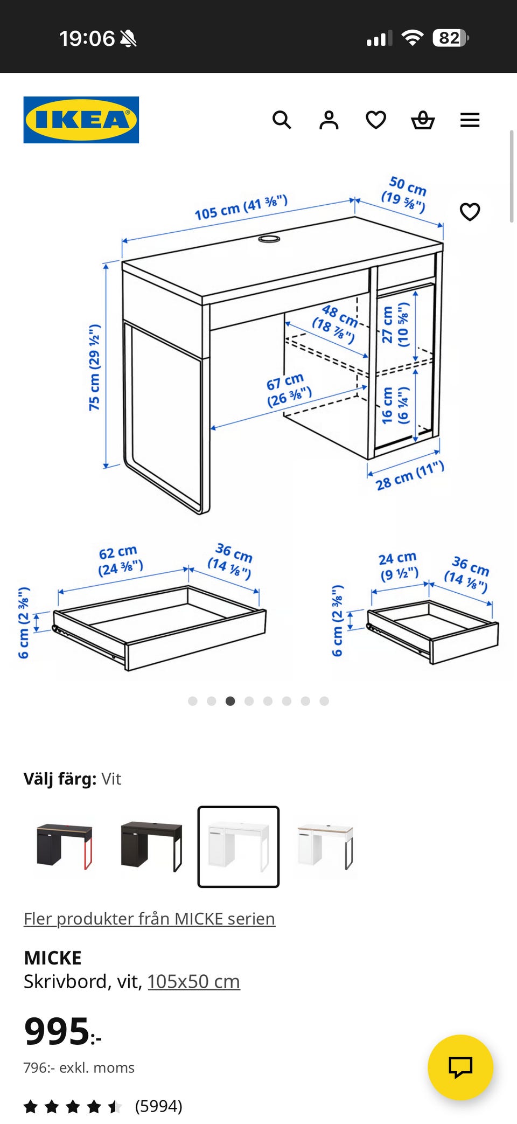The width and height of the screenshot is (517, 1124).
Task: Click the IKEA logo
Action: click(81, 120)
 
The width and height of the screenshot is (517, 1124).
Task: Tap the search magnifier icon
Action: click(281, 120)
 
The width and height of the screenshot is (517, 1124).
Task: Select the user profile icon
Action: click(329, 120)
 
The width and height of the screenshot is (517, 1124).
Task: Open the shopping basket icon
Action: click(423, 120)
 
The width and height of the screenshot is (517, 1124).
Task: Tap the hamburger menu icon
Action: click(470, 120)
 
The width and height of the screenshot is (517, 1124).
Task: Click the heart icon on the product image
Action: click(470, 212)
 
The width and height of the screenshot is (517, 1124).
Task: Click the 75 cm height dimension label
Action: click(94, 367)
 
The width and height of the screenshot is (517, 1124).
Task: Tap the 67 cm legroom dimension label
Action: click(288, 390)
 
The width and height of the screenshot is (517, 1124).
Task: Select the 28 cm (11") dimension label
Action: click(410, 475)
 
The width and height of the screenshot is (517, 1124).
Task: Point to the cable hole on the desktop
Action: click(269, 238)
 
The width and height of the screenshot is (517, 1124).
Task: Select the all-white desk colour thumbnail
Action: click(239, 847)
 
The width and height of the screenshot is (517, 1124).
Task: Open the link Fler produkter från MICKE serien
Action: click(149, 918)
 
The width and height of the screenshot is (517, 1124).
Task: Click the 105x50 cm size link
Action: click(194, 981)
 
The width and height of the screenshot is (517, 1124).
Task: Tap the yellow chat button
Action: click(460, 1067)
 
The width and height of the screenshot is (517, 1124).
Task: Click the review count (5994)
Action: click(158, 1106)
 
